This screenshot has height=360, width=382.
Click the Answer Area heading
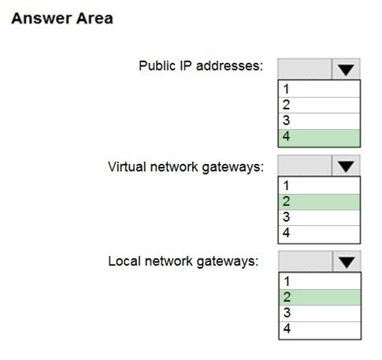click(x=62, y=18)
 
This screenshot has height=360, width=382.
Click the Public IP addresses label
click(x=201, y=65)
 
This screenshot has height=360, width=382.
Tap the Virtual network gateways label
click(x=186, y=167)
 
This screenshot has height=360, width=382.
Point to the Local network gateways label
click(x=184, y=262)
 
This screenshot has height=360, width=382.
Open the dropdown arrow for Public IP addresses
click(x=346, y=69)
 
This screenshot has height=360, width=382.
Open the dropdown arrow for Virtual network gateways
click(x=346, y=166)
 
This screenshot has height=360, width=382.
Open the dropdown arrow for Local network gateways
click(x=347, y=262)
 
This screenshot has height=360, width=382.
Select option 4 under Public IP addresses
click(x=319, y=138)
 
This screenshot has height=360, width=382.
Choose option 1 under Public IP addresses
click(x=319, y=89)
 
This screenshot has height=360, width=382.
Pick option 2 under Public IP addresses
click(x=319, y=105)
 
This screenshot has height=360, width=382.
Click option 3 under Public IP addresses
click(x=319, y=121)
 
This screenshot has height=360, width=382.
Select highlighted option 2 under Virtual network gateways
click(x=319, y=202)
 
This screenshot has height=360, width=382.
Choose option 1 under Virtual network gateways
click(x=319, y=186)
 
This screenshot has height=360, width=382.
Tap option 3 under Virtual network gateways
click(x=319, y=217)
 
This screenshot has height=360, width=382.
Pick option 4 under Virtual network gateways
click(x=319, y=234)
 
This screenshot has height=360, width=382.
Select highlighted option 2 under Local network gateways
click(x=320, y=297)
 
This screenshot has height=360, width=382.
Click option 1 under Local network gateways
click(x=320, y=281)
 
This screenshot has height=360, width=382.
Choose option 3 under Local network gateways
click(x=320, y=314)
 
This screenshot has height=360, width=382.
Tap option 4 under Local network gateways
click(x=320, y=330)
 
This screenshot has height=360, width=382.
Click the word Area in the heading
click(x=95, y=18)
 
